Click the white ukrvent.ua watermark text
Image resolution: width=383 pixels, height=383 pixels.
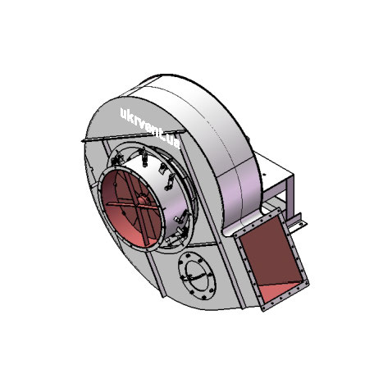pos(150,128)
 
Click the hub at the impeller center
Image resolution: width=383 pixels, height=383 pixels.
pos(142,200)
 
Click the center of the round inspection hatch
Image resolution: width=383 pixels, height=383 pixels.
pos(197,276)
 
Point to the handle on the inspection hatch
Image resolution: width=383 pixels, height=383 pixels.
pos(194,276)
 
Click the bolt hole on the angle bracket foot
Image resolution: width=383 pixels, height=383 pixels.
pos(301,224)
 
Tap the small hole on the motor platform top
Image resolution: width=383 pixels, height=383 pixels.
pos(264,174)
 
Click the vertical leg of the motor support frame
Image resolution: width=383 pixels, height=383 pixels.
pos(290,198)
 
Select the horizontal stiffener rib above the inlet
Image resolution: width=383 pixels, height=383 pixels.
pos(134,135)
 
